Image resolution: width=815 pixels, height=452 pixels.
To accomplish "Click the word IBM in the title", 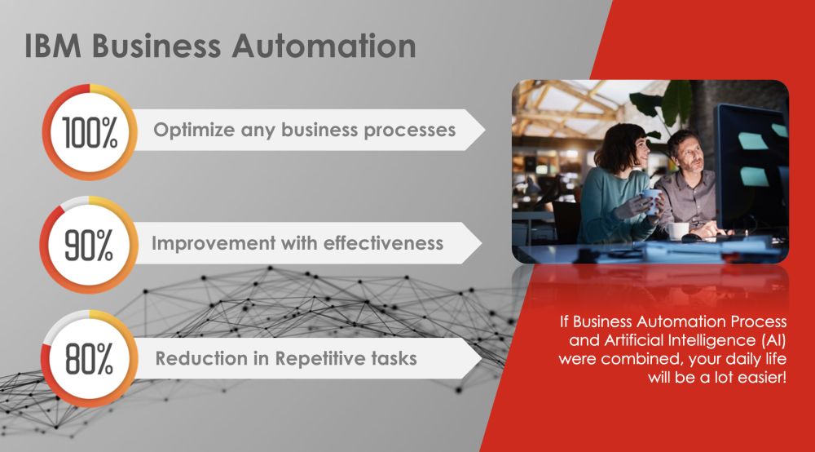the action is click(x=53, y=46).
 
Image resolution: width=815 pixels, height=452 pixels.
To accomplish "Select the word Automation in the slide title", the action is click(x=324, y=46).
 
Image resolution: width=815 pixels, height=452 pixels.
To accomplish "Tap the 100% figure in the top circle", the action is click(x=90, y=132).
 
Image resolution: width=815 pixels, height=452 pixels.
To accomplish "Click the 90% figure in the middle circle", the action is click(x=89, y=246).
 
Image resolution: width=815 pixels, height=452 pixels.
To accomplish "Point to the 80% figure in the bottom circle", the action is click(x=89, y=359).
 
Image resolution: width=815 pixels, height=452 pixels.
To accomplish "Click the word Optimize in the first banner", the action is click(x=194, y=130).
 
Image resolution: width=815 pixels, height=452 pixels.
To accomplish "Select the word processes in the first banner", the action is click(x=410, y=131).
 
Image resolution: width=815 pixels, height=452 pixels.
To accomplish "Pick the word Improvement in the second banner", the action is click(x=214, y=243).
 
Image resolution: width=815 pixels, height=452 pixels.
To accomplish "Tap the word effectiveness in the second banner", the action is click(x=383, y=243).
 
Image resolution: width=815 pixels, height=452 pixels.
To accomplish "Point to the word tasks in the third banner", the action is click(x=394, y=358).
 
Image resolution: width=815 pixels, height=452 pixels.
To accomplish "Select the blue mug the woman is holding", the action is click(x=650, y=201).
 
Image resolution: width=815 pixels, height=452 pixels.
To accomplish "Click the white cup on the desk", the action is click(x=678, y=231).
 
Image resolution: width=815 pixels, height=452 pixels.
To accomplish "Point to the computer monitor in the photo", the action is click(x=752, y=166).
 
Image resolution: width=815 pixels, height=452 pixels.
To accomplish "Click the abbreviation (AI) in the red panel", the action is click(x=774, y=340).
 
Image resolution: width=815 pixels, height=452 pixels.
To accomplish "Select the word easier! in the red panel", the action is click(x=763, y=377).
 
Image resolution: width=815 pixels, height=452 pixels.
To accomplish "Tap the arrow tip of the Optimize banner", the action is click(x=485, y=130).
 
